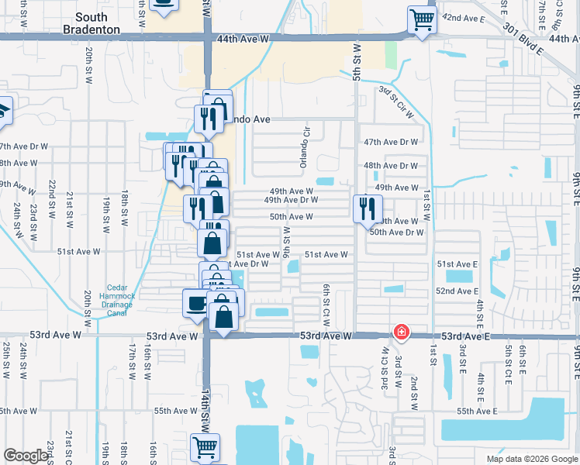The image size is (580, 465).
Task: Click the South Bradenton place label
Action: [98, 23]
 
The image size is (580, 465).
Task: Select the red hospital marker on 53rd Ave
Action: [401, 332]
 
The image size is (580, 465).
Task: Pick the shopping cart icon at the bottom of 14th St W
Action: [205, 446]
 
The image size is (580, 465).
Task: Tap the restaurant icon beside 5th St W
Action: [367, 208]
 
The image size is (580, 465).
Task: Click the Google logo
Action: [26, 456]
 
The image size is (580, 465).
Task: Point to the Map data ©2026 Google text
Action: [531, 459]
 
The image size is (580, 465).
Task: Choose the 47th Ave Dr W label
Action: [391, 143]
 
